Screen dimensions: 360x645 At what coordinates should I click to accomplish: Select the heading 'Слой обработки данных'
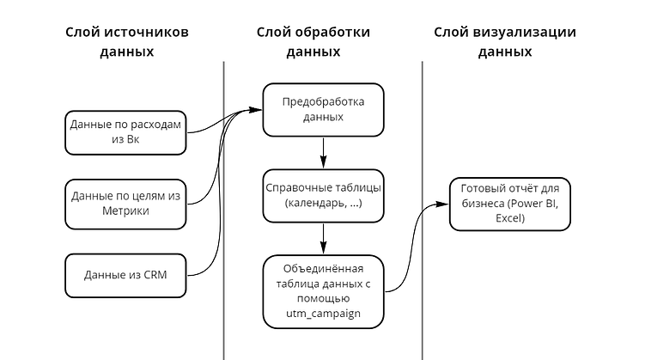pos(313,41)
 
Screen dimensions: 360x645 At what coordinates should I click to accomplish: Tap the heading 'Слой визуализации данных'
pos(504,41)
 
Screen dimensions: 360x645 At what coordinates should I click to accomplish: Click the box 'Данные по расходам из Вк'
pos(126,132)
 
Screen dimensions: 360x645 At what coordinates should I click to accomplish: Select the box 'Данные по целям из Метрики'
pos(126,204)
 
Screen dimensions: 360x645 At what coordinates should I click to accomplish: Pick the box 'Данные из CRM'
pos(126,275)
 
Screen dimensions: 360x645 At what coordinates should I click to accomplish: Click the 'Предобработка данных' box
pos(323,109)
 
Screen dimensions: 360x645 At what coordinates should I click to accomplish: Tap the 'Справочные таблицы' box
pos(323,195)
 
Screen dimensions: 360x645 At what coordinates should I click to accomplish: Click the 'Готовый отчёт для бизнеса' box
pos(509,204)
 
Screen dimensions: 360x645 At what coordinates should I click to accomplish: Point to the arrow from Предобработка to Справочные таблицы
pos(323,152)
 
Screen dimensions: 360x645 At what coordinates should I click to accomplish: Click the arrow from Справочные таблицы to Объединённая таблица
pos(323,238)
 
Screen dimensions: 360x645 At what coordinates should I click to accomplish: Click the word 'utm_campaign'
pos(323,314)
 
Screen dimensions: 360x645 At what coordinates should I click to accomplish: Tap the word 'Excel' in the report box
pos(509,219)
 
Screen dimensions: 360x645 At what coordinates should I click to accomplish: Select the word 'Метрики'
pos(126,211)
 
